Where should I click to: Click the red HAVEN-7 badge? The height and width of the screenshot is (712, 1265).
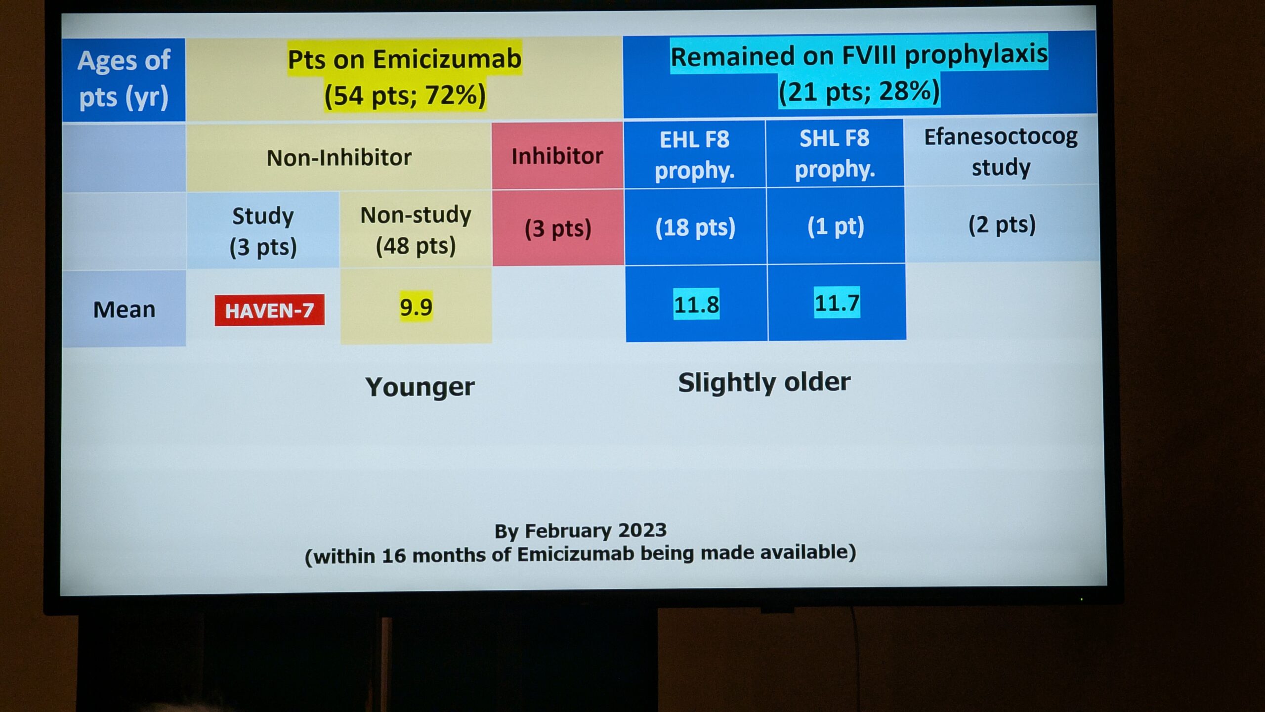(269, 310)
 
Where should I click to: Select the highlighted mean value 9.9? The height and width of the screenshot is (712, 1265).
(416, 307)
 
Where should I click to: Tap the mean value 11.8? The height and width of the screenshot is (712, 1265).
(696, 304)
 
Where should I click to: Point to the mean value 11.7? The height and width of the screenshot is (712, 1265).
(837, 303)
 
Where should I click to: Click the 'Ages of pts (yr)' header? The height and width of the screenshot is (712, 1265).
(124, 79)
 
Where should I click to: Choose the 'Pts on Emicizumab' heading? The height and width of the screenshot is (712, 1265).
(405, 59)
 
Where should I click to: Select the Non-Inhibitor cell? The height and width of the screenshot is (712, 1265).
(339, 158)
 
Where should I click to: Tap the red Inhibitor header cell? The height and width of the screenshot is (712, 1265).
(557, 156)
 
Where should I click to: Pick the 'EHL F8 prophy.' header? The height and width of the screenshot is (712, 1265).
(695, 154)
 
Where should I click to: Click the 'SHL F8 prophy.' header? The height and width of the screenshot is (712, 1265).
(835, 153)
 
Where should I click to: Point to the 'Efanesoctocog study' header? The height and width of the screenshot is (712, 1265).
(1001, 151)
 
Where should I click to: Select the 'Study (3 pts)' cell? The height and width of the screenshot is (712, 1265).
(263, 231)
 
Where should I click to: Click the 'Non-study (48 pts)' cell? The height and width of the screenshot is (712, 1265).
(416, 230)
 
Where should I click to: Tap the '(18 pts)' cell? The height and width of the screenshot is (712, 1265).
(695, 227)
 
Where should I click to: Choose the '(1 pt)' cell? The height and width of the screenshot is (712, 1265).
(836, 226)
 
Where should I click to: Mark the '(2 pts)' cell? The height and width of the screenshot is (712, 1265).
(1002, 224)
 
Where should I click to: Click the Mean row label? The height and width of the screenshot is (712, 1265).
(125, 310)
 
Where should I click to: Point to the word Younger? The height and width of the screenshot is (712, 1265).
(420, 387)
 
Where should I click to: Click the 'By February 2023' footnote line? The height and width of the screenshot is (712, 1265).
(581, 531)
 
